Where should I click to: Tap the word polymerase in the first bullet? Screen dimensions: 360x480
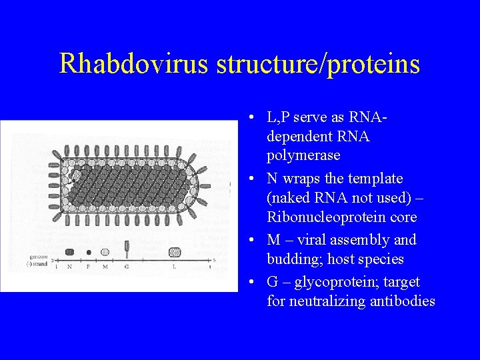click(303, 155)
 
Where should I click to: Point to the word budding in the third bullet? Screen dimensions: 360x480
click(293, 259)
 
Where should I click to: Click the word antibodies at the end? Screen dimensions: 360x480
click(399, 301)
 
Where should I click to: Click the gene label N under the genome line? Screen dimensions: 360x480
click(69, 266)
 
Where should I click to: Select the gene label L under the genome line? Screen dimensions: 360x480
click(175, 266)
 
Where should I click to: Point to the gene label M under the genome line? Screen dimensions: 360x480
click(105, 266)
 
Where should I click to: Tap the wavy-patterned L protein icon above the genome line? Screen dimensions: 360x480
click(175, 252)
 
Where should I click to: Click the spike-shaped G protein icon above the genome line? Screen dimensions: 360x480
click(127, 249)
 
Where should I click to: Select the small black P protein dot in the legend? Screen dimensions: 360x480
click(89, 253)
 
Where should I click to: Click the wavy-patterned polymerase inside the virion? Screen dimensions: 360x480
click(77, 176)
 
